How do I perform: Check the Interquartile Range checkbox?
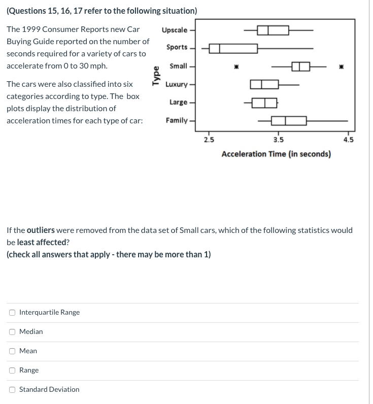12,312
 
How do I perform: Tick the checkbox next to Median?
12,331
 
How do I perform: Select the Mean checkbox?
12,351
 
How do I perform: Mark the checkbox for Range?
12,370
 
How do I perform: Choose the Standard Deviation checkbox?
12,389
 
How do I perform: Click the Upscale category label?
175,30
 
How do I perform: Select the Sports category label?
177,47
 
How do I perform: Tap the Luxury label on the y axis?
176,84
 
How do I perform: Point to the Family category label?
176,120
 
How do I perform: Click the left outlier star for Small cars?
235,66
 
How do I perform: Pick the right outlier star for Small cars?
342,66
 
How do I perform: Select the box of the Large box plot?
264,103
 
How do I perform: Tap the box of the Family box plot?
289,121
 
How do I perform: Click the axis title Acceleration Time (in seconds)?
276,154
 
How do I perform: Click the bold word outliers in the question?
41,230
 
